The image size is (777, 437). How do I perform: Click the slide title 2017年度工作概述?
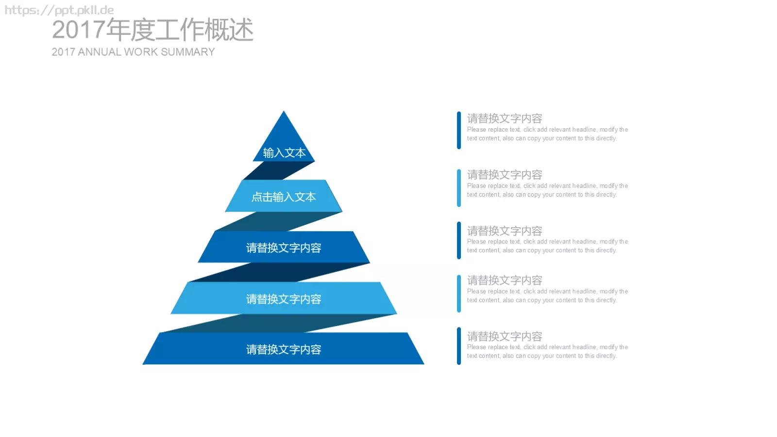(152, 30)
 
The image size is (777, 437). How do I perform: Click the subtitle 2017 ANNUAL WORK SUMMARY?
(133, 52)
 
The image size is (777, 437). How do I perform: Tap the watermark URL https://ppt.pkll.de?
(59, 10)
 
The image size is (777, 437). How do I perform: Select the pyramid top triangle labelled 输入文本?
(284, 142)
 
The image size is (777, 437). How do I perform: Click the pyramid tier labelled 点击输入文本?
(284, 196)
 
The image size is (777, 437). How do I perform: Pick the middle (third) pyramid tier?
(284, 247)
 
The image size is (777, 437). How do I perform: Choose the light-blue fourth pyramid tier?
(284, 298)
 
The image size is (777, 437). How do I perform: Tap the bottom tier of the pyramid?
(284, 349)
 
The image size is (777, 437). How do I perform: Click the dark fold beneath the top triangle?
(279, 170)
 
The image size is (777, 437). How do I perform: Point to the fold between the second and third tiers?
(279, 221)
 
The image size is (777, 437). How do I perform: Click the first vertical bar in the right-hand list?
(459, 131)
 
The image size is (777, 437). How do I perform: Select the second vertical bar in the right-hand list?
(459, 188)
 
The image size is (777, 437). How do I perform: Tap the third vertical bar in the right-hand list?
(459, 240)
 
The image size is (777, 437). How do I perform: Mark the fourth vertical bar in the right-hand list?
(459, 294)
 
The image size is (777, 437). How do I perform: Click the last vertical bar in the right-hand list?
(459, 346)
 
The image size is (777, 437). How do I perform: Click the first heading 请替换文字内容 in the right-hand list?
(505, 118)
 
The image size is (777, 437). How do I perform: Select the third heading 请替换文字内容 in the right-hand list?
(505, 231)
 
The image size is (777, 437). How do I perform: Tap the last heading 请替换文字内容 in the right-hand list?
(505, 336)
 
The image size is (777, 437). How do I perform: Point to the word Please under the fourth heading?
(476, 291)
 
